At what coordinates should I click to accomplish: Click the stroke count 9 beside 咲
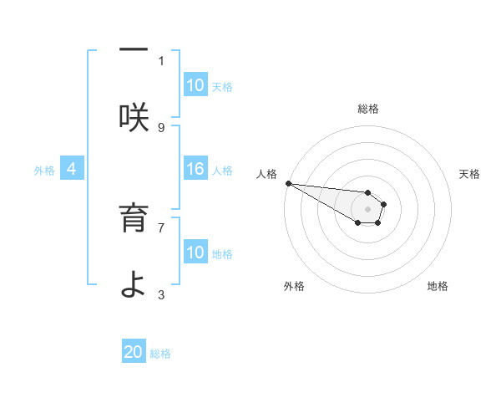tap(161, 127)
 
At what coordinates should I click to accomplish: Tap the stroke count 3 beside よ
tap(161, 294)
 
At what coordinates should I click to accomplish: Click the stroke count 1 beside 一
tap(161, 60)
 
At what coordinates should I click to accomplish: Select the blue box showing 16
tap(195, 170)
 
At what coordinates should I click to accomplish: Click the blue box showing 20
tap(134, 353)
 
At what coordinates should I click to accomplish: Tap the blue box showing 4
tap(72, 170)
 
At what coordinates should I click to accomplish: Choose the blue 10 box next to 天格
tap(195, 85)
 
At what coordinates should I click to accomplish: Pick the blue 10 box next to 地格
tap(195, 253)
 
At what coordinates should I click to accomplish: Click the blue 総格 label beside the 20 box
tap(160, 354)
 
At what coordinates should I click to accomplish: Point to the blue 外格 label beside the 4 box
tap(44, 171)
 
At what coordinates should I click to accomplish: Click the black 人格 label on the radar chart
tap(267, 174)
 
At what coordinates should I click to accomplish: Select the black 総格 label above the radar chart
tap(368, 109)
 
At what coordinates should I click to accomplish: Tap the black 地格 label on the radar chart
tap(438, 286)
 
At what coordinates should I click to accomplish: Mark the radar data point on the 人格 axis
tap(287, 183)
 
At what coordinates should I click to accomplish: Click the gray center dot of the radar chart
tap(367, 209)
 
